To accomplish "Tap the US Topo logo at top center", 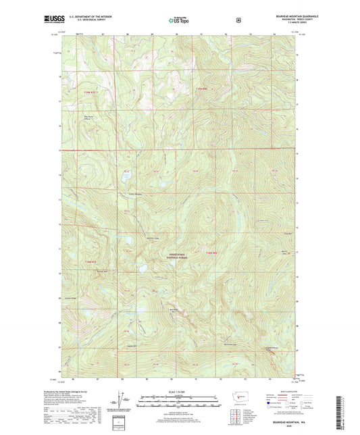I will pyautogui.click(x=180, y=21).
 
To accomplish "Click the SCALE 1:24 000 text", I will pyautogui.click(x=180, y=392).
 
